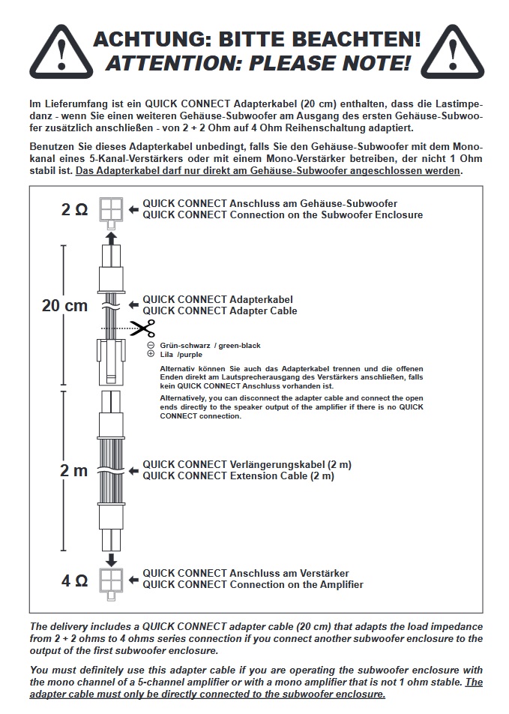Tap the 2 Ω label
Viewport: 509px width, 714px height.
[x=74, y=210]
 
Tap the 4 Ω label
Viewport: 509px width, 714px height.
[x=74, y=580]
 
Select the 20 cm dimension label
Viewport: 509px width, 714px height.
[x=64, y=305]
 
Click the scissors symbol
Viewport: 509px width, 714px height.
[x=142, y=328]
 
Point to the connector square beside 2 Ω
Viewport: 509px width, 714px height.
[x=111, y=210]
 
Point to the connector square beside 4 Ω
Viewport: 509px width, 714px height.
[x=111, y=580]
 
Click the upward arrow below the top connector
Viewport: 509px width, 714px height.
[x=111, y=238]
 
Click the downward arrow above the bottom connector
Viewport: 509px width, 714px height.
[x=111, y=559]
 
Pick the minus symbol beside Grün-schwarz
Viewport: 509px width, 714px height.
[x=151, y=345]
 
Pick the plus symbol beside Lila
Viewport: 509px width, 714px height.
[x=151, y=354]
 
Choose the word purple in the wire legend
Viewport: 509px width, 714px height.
[x=191, y=354]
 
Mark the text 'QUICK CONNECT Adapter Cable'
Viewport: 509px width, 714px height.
[x=220, y=310]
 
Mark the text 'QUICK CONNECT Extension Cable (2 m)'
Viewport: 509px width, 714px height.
[x=238, y=475]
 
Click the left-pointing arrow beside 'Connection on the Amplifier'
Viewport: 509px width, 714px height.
[x=133, y=580]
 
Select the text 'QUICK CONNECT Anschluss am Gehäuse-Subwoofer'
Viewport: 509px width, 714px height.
[x=270, y=203]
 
